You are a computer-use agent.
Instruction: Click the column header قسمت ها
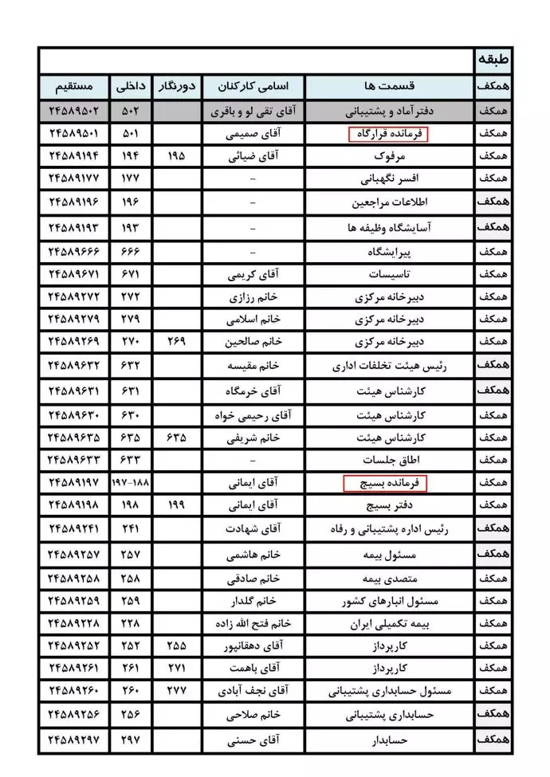(x=389, y=86)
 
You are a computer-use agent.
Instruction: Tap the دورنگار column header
(x=176, y=86)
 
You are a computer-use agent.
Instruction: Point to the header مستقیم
(x=77, y=86)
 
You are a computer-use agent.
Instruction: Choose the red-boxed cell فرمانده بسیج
(x=385, y=482)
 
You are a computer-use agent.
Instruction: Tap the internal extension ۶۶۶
(x=130, y=252)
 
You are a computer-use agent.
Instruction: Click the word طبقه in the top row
(x=493, y=60)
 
